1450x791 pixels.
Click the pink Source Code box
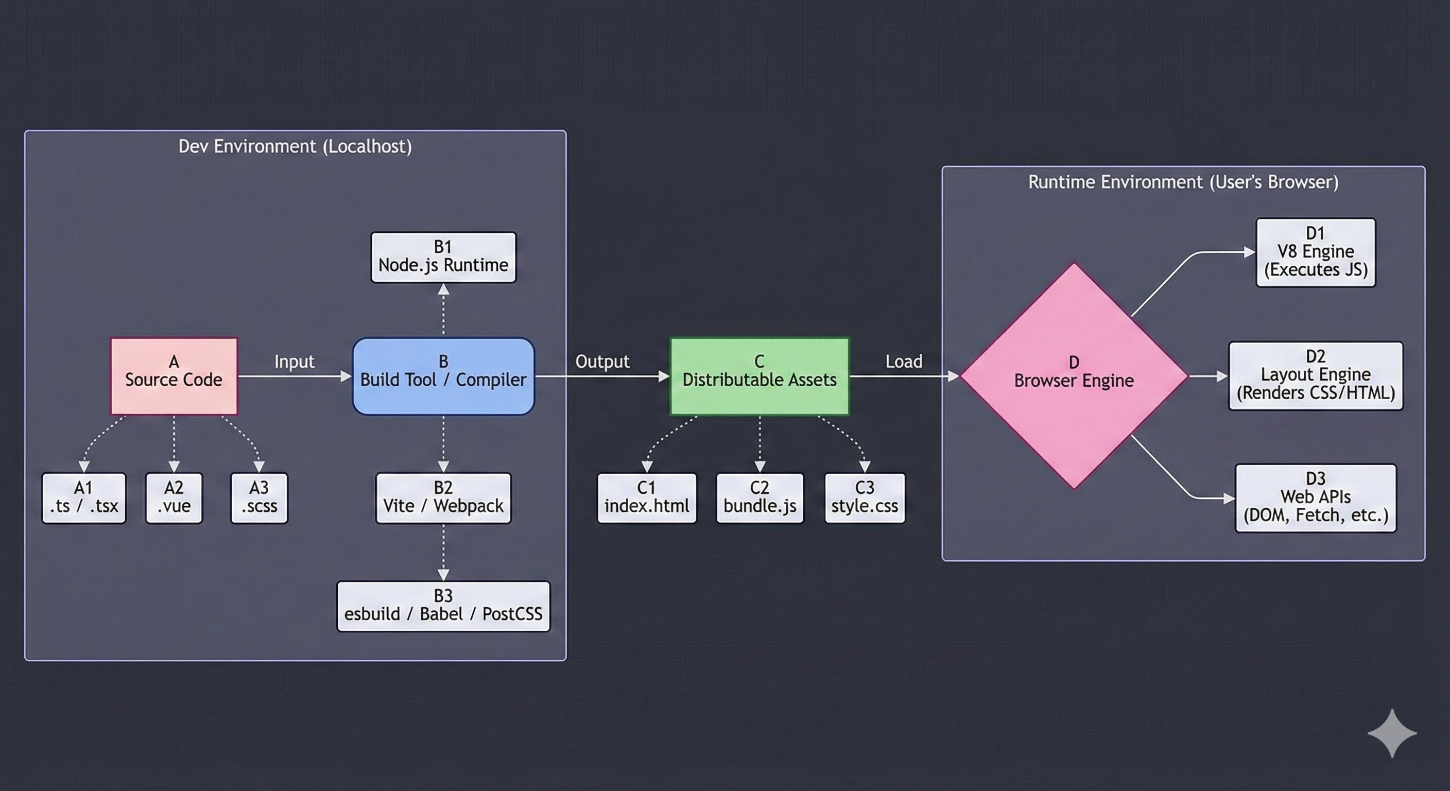point(174,375)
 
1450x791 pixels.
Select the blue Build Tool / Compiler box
point(443,375)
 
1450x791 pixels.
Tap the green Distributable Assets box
point(759,375)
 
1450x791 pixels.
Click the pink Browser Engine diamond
point(1074,375)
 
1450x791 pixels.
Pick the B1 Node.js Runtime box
point(443,257)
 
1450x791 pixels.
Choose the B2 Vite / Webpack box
point(443,497)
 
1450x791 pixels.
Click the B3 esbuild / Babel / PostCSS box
point(443,606)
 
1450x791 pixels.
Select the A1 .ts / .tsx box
point(84,497)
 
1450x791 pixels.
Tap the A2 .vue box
point(174,497)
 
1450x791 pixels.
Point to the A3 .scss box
point(259,497)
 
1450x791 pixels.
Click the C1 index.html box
point(647,497)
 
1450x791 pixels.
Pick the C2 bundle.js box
point(760,497)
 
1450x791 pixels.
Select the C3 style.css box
point(865,497)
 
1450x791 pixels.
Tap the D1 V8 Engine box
point(1316,252)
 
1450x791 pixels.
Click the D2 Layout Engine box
point(1316,375)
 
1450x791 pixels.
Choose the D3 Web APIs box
point(1316,497)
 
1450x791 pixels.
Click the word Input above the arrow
point(295,362)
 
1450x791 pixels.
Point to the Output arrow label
point(602,362)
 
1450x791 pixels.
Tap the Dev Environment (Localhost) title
point(295,146)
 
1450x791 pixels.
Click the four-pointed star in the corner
point(1392,733)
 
